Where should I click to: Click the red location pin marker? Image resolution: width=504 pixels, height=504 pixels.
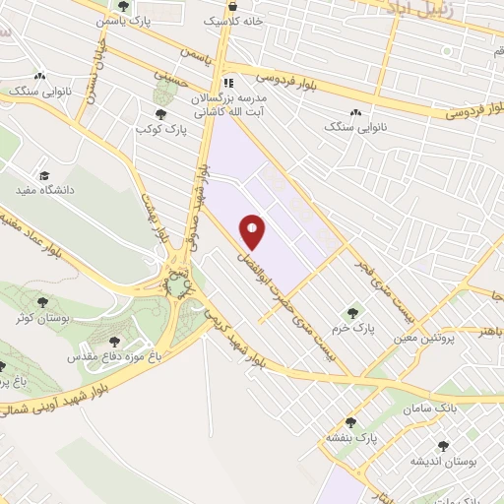[253, 231]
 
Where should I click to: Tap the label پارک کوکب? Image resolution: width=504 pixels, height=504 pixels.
[161, 129]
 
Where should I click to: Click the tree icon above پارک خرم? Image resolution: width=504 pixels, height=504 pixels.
[353, 313]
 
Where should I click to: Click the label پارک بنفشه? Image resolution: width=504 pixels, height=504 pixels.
[354, 436]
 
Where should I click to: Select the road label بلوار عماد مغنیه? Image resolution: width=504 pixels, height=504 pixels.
[54, 226]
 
